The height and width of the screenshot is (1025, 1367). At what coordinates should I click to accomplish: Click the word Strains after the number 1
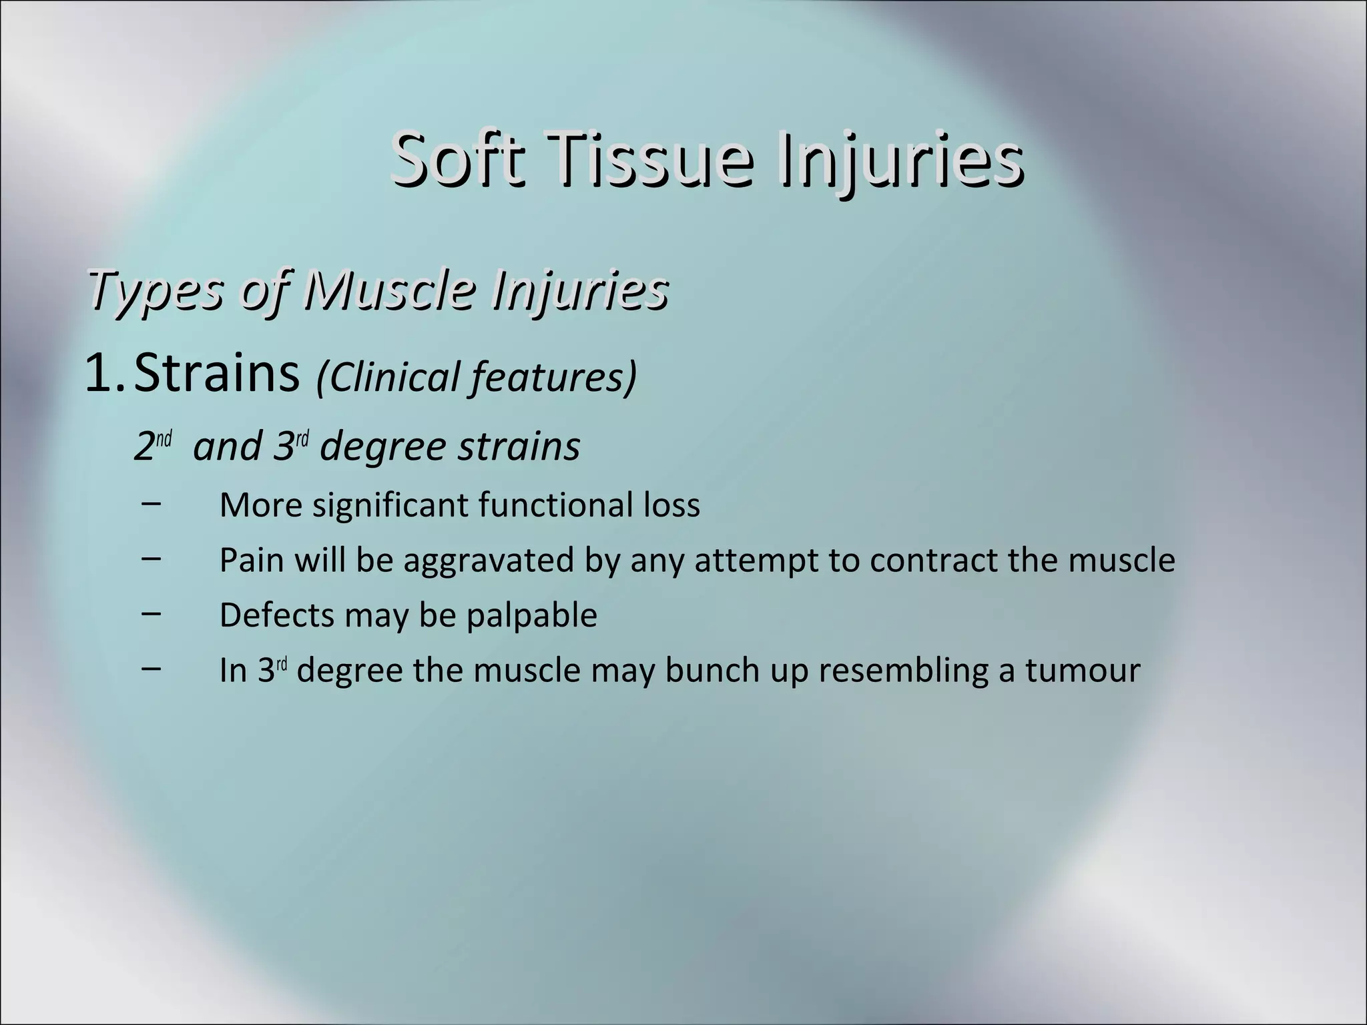pos(217,374)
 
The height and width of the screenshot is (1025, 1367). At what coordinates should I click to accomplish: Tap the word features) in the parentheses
pos(553,377)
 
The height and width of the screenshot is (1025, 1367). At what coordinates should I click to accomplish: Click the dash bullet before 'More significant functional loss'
pos(151,503)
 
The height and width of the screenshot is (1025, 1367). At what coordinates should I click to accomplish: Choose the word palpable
pos(531,616)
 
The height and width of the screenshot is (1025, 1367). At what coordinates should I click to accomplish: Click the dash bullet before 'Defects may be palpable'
pos(151,613)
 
